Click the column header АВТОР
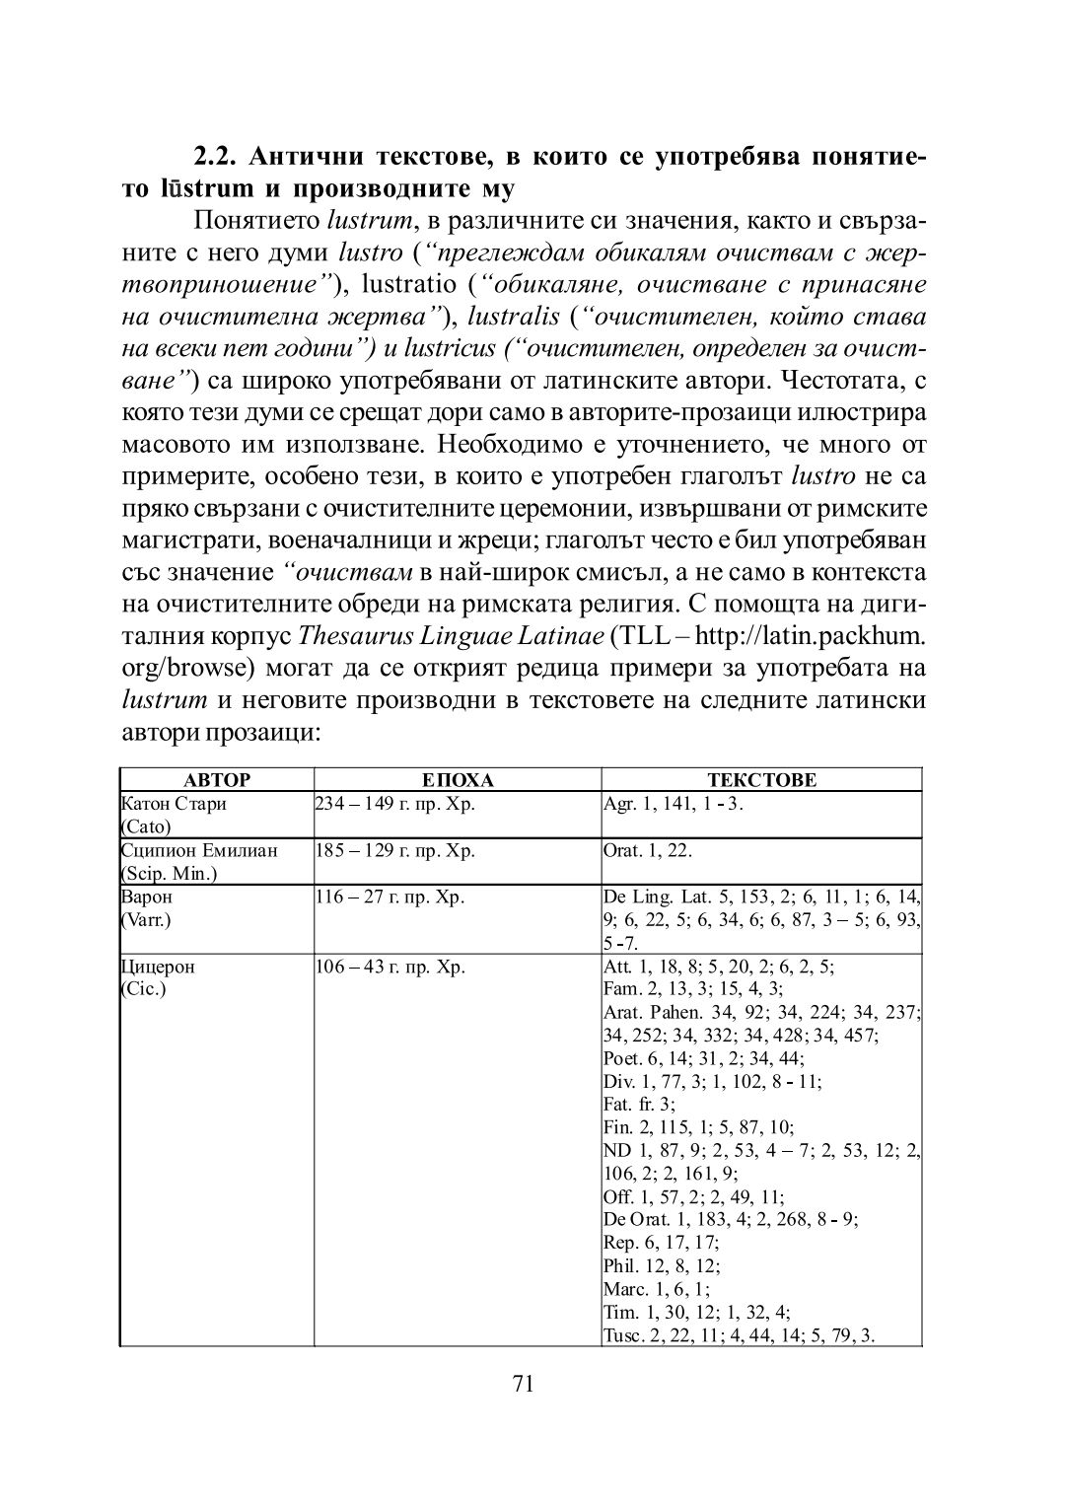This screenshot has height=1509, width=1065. (217, 780)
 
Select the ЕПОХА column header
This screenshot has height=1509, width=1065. (458, 780)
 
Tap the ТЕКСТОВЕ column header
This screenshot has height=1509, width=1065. (761, 780)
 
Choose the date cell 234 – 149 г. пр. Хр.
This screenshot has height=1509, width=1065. (393, 803)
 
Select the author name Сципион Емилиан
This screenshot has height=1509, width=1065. (199, 850)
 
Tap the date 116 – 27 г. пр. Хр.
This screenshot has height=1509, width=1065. (389, 898)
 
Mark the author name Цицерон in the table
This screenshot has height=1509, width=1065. (158, 967)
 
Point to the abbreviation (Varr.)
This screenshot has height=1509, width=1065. (144, 919)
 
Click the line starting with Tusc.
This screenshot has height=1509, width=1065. (740, 1335)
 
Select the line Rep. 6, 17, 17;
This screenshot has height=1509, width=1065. (661, 1243)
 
